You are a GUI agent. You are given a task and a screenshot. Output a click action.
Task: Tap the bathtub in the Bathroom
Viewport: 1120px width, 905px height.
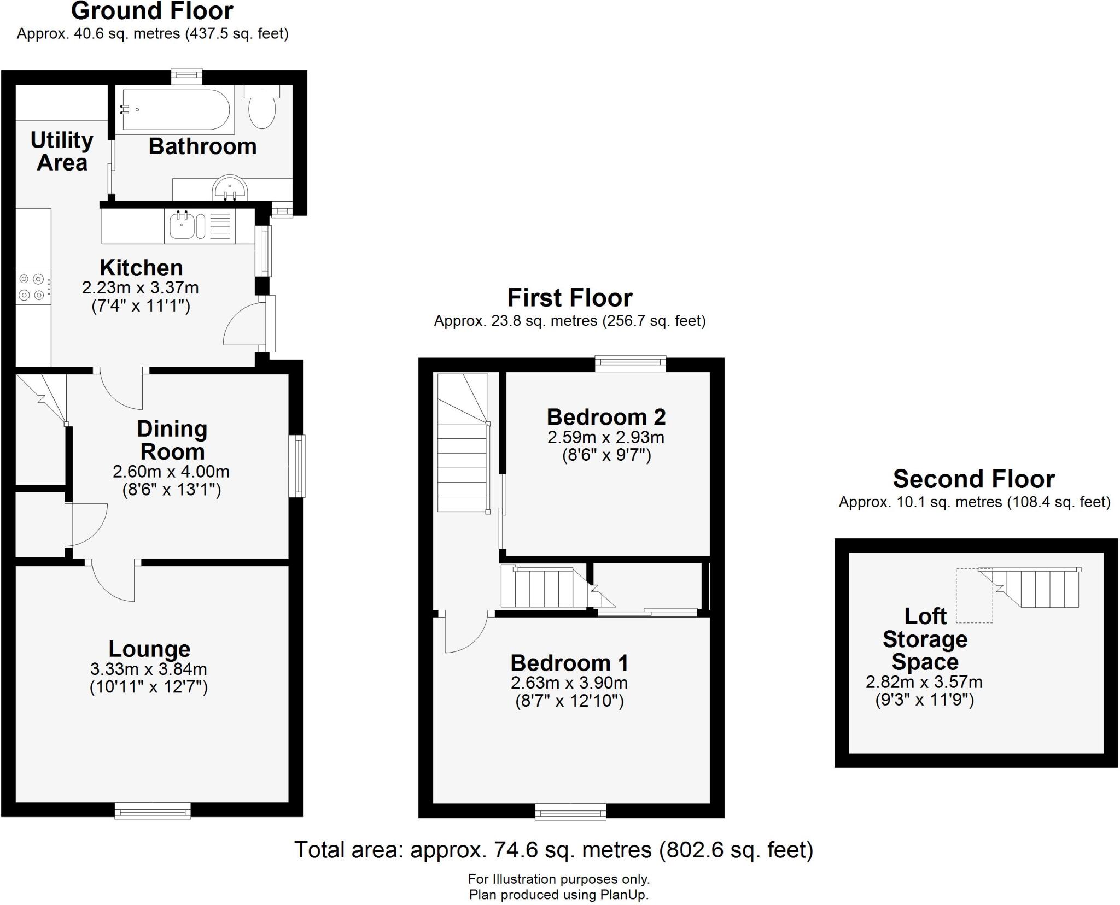[174, 110]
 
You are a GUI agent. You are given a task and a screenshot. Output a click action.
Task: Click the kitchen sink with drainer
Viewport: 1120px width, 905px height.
[200, 226]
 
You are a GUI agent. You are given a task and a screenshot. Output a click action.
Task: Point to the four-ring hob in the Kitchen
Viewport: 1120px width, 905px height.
[32, 287]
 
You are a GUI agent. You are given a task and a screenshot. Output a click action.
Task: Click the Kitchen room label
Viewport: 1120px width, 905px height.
[141, 268]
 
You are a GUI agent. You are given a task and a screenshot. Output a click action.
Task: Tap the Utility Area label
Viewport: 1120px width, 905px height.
[62, 151]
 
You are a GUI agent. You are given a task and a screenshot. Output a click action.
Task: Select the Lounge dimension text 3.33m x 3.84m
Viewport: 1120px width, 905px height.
[148, 669]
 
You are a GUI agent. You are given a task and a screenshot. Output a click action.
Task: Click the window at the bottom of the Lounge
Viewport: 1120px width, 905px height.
[153, 810]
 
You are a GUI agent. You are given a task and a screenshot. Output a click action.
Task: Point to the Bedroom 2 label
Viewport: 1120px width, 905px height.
[606, 417]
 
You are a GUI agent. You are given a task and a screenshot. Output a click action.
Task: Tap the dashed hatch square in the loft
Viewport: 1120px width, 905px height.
[974, 596]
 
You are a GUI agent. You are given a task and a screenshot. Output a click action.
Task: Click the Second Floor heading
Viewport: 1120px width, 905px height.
[973, 479]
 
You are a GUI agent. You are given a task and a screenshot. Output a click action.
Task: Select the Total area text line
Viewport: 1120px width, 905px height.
[553, 850]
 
